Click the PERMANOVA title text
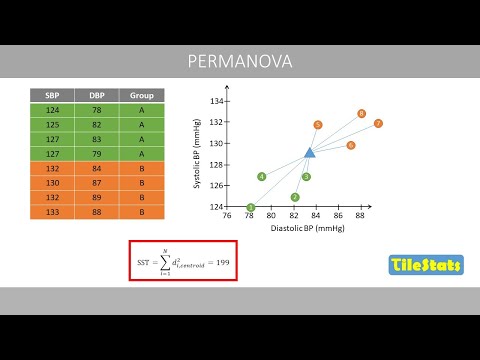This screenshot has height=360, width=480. coord(239,62)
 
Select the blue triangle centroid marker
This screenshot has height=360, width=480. coord(310,152)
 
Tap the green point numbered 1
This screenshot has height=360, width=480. coord(250,208)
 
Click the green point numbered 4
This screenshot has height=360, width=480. coord(261,177)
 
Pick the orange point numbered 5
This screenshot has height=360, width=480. coord(317,125)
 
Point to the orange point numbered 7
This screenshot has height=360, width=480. coord(379,124)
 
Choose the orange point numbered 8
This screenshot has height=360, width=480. coord(361,114)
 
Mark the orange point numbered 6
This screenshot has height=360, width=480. coord(351,145)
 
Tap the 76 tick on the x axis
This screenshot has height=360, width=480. coord(227,216)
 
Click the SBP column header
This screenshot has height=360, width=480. coord(51,95)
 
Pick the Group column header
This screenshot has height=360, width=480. coord(141,95)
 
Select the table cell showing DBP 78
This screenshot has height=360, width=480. coord(97,110)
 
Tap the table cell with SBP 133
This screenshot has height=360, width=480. coord(51,213)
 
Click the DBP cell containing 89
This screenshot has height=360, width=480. coord(97,198)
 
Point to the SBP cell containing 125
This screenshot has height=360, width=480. coord(51,125)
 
